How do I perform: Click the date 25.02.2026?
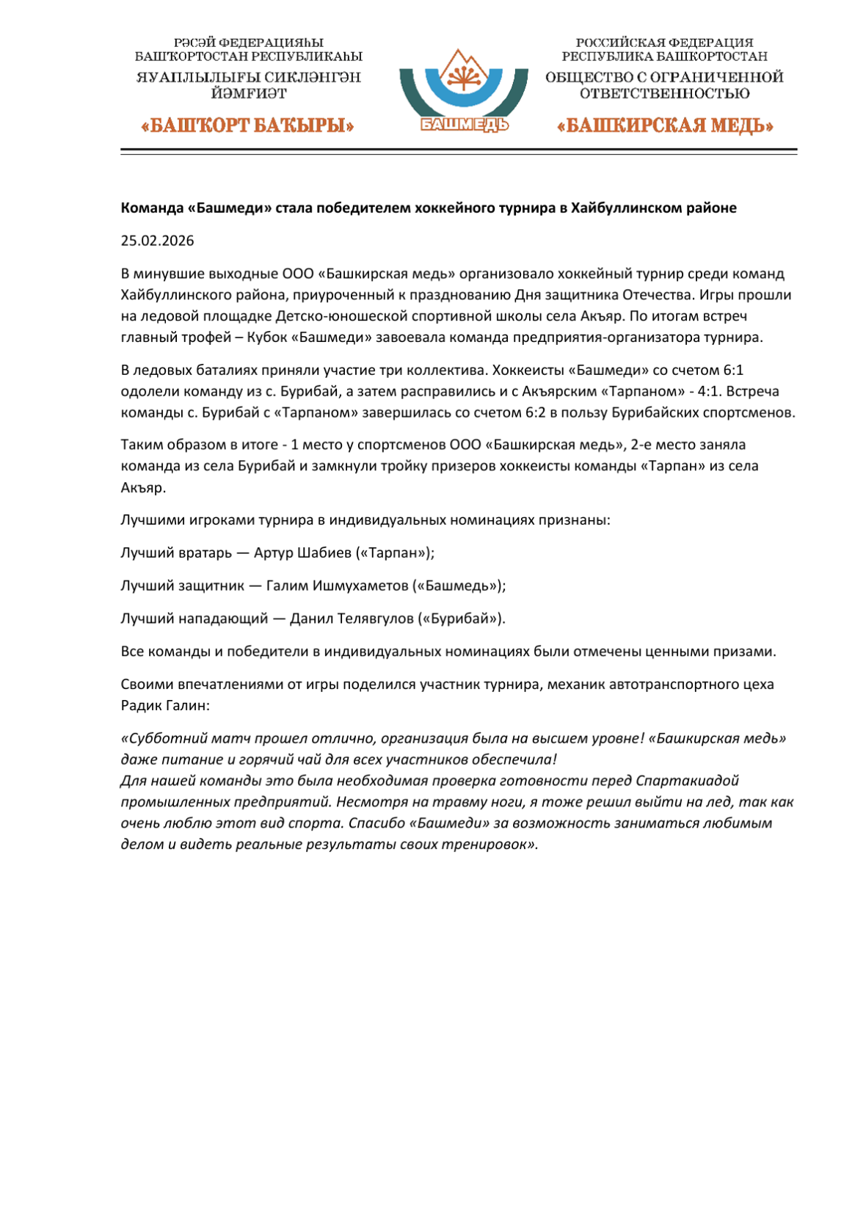[x=157, y=241]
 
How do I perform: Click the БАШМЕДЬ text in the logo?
[x=465, y=125]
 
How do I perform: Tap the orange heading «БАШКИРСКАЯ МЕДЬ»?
[x=665, y=125]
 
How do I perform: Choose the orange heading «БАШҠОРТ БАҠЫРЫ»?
[x=247, y=125]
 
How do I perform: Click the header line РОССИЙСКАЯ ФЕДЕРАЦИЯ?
[x=664, y=43]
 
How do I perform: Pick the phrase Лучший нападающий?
[x=194, y=618]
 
